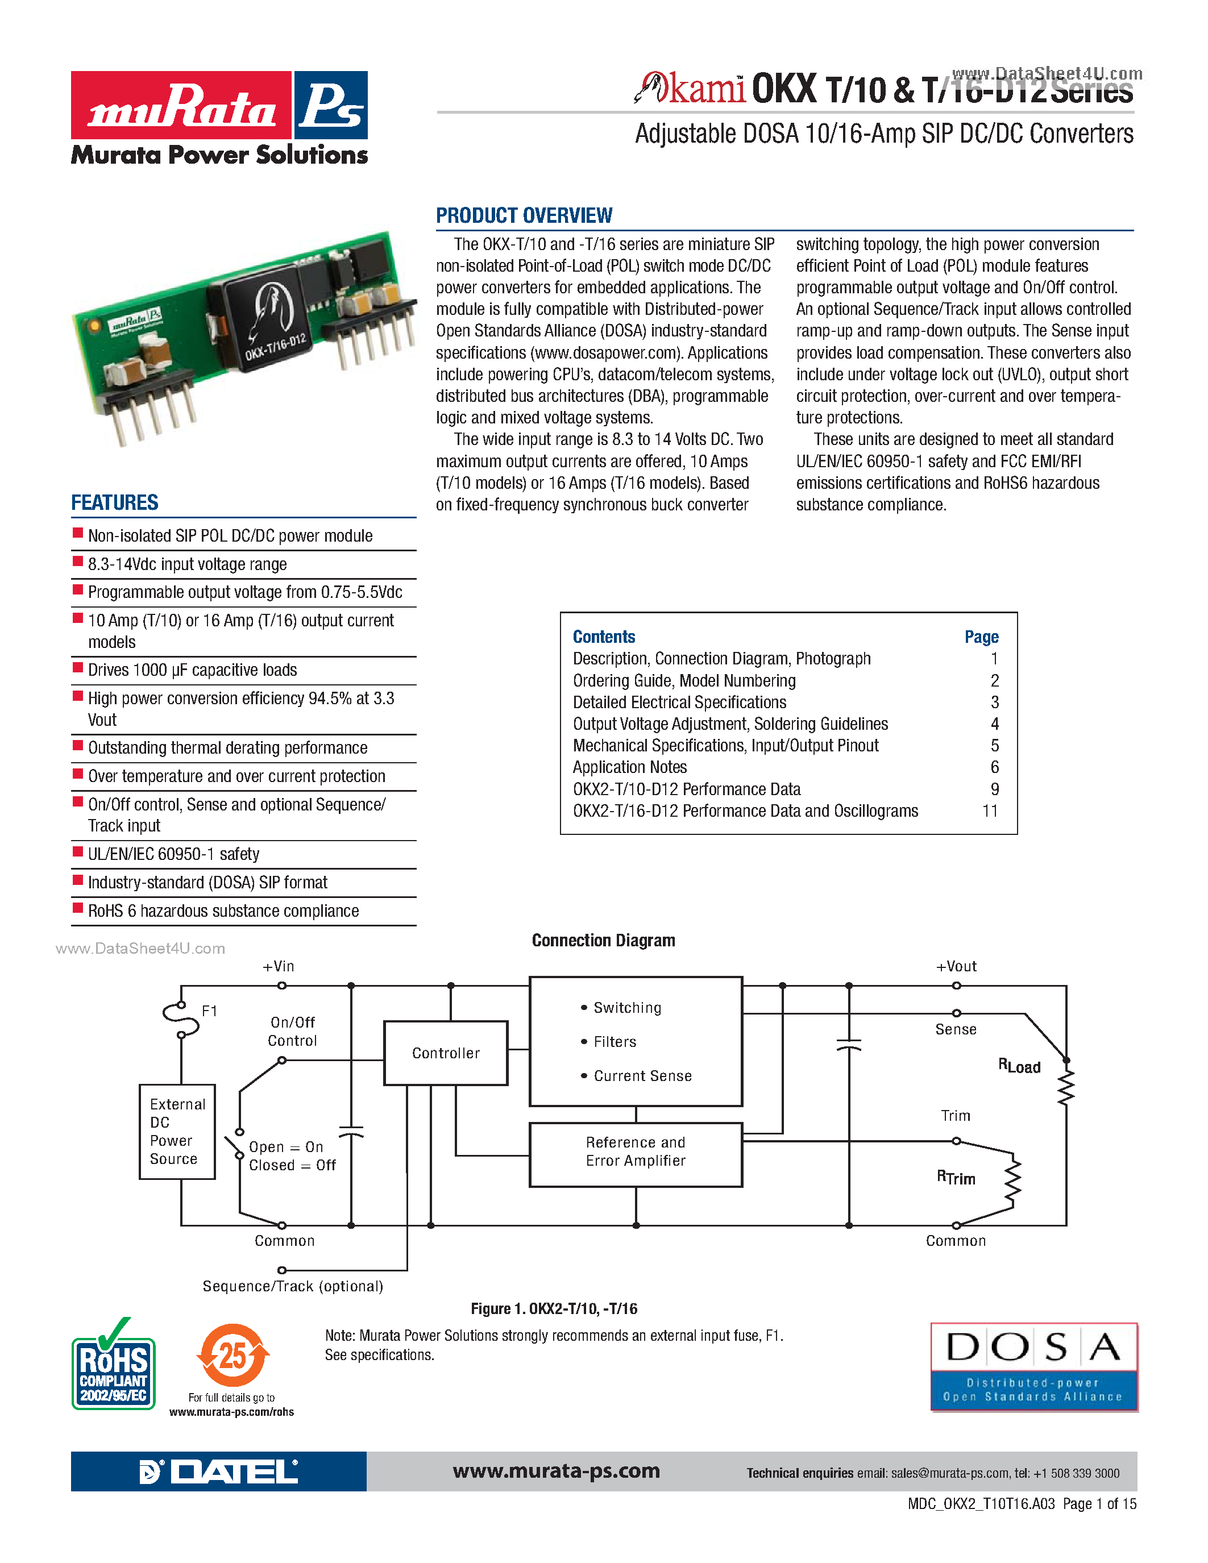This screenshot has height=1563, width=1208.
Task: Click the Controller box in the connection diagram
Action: pyautogui.click(x=445, y=1053)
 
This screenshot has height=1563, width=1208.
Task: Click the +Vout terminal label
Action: pyautogui.click(x=956, y=966)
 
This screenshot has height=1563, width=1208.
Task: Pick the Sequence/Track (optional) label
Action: pyautogui.click(x=293, y=1286)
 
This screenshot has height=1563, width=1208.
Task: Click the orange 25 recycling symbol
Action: pyautogui.click(x=233, y=1356)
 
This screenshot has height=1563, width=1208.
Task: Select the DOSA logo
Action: pyautogui.click(x=1033, y=1367)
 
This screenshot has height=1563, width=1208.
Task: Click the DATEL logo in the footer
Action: pyautogui.click(x=218, y=1471)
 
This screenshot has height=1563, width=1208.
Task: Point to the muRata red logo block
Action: pyautogui.click(x=181, y=105)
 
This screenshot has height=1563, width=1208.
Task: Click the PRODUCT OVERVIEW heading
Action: pyautogui.click(x=524, y=215)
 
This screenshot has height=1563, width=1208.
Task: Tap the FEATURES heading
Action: pyautogui.click(x=114, y=502)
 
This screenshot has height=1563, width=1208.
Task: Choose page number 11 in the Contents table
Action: pyautogui.click(x=990, y=811)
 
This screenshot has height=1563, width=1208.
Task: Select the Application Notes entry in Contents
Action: pyautogui.click(x=630, y=767)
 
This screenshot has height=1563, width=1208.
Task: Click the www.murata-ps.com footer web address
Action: pyautogui.click(x=556, y=1471)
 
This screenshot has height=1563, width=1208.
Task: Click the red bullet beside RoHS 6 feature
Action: pyautogui.click(x=78, y=908)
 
